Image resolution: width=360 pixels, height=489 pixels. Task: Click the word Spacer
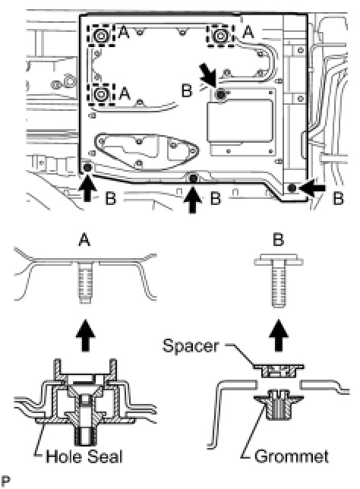point(191,345)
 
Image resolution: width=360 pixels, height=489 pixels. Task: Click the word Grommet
point(292,456)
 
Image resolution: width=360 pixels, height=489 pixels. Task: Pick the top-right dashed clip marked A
point(220,36)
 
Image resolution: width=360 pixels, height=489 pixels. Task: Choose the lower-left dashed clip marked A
point(101,94)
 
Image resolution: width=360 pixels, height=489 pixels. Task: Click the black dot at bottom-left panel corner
point(87,168)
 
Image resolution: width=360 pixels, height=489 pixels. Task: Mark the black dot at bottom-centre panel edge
point(194,178)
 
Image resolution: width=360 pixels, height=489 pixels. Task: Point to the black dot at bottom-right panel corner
point(292,188)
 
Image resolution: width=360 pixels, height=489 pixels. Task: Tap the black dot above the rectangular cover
point(221,93)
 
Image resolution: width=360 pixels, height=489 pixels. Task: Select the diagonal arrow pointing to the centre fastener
point(208,74)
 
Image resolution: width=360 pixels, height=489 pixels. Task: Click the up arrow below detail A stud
point(86,335)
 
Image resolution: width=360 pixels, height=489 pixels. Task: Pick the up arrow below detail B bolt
point(278,335)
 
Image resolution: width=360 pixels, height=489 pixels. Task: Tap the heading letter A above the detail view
point(84,240)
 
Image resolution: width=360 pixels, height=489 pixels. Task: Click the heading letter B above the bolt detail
point(278,240)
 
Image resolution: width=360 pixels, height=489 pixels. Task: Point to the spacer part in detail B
point(278,370)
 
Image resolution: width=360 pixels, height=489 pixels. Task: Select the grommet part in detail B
point(278,407)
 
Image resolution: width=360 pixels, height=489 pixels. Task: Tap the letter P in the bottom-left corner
point(5,481)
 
